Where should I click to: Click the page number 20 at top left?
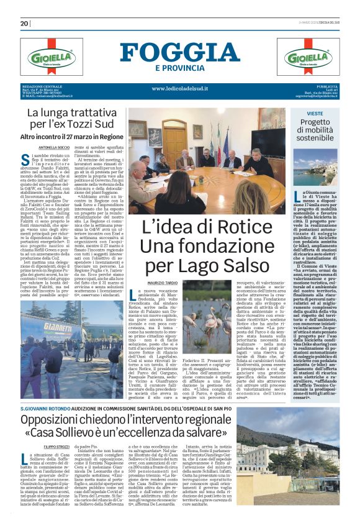(x=24, y=24)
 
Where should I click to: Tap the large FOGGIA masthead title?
(x=180, y=52)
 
